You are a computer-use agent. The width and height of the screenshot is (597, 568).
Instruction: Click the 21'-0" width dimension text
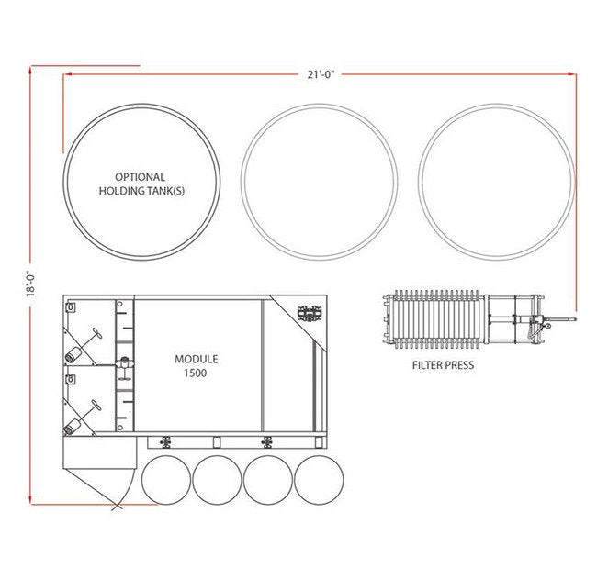(x=321, y=74)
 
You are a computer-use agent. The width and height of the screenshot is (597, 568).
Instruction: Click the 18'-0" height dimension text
(x=30, y=283)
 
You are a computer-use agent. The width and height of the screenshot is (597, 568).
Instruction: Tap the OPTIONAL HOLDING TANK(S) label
(x=141, y=184)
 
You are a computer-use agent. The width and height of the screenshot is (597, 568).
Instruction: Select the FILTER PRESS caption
(x=444, y=365)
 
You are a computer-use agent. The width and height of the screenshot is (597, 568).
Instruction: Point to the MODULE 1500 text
(x=196, y=366)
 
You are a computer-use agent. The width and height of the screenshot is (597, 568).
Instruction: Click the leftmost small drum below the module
(x=166, y=455)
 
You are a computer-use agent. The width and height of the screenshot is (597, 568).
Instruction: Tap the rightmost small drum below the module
(x=319, y=455)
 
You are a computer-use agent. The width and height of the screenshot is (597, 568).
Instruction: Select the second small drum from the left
(x=217, y=455)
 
